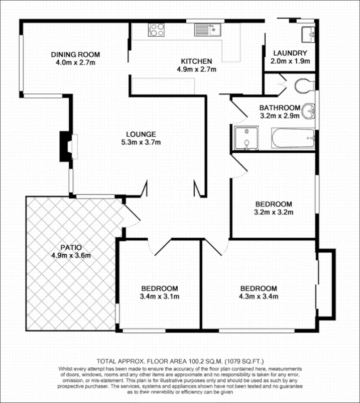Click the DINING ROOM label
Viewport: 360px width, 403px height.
pyautogui.click(x=75, y=54)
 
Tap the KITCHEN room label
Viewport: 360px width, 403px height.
pyautogui.click(x=199, y=61)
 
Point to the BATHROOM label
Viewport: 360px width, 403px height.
pyautogui.click(x=279, y=108)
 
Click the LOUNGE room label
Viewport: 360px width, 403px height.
pyautogui.click(x=141, y=134)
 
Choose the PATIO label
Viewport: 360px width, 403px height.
pyautogui.click(x=70, y=247)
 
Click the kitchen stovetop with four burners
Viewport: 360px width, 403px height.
pyautogui.click(x=156, y=30)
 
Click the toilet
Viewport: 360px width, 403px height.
pyautogui.click(x=304, y=85)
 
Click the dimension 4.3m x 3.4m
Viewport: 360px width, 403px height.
pyautogui.click(x=258, y=296)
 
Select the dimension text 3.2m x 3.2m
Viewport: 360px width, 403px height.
pyautogui.click(x=273, y=212)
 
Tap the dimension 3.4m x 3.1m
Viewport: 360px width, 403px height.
pyautogui.click(x=159, y=296)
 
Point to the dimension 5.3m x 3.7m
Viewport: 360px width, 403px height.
pyautogui.click(x=141, y=142)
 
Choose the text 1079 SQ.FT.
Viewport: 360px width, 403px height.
pyautogui.click(x=242, y=361)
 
